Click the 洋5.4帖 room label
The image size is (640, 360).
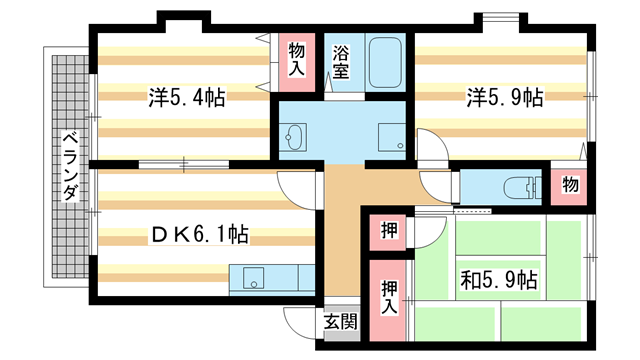(186, 98)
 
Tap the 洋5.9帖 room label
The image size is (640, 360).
(504, 98)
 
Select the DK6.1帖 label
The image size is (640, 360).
(200, 236)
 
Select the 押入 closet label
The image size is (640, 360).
(389, 296)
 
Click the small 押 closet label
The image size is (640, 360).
(387, 231)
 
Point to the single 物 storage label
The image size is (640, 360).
(569, 185)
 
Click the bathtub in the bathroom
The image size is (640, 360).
(385, 62)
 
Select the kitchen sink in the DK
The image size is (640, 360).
(252, 277)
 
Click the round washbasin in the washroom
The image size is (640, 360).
(296, 137)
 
